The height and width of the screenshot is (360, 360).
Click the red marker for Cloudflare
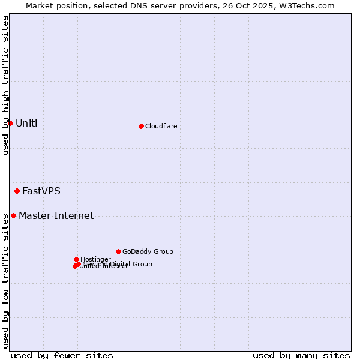[141, 126]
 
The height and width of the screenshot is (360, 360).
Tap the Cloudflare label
[161, 126]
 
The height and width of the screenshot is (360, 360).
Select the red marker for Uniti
[10, 123]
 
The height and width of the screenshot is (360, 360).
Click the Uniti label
[26, 124]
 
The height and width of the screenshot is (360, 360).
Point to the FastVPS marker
[17, 191]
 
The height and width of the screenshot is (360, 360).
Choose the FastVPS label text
[41, 191]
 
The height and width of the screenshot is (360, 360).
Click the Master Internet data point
[13, 215]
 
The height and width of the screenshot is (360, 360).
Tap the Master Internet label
[56, 216]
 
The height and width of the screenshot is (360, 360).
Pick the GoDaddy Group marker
[118, 251]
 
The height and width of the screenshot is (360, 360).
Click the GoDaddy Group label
[148, 252]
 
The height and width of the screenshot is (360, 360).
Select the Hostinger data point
[76, 259]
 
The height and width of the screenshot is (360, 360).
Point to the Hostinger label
[95, 259]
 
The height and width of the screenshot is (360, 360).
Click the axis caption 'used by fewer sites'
[62, 356]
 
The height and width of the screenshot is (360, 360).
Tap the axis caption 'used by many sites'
[301, 356]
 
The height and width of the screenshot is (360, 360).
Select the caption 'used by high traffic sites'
[5, 85]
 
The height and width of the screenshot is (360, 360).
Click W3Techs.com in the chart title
[310, 5]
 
